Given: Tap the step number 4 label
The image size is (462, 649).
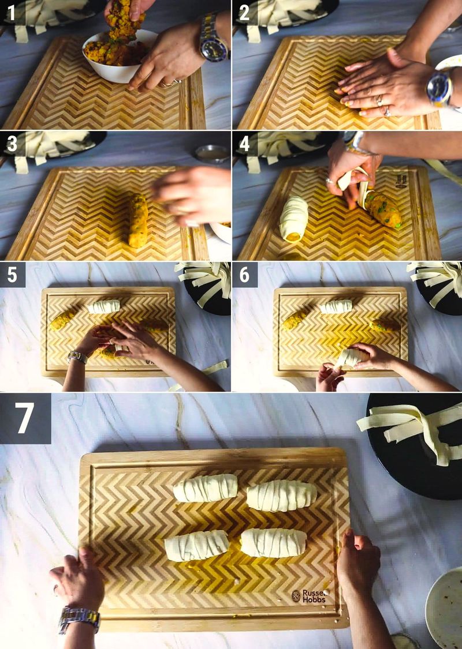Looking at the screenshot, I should click(244, 143).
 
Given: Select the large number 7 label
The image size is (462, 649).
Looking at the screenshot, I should click(25, 418).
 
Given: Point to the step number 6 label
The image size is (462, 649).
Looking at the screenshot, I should click(244, 275).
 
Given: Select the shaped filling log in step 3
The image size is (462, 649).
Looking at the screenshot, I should click(138, 220).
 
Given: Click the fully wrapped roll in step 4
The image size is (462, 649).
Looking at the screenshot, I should click(294, 218).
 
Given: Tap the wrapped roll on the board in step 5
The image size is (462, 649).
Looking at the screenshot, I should click(104, 306).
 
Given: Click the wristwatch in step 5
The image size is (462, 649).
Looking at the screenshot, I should click(77, 357).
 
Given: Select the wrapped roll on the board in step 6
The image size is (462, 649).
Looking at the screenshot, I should click(336, 307).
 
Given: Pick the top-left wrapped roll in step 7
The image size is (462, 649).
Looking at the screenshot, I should click(205, 488).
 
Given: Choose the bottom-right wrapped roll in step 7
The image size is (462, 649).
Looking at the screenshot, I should click(273, 543).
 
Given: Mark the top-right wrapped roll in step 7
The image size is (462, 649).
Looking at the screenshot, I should click(282, 496).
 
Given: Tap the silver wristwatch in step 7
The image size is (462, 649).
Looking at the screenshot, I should click(79, 618).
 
